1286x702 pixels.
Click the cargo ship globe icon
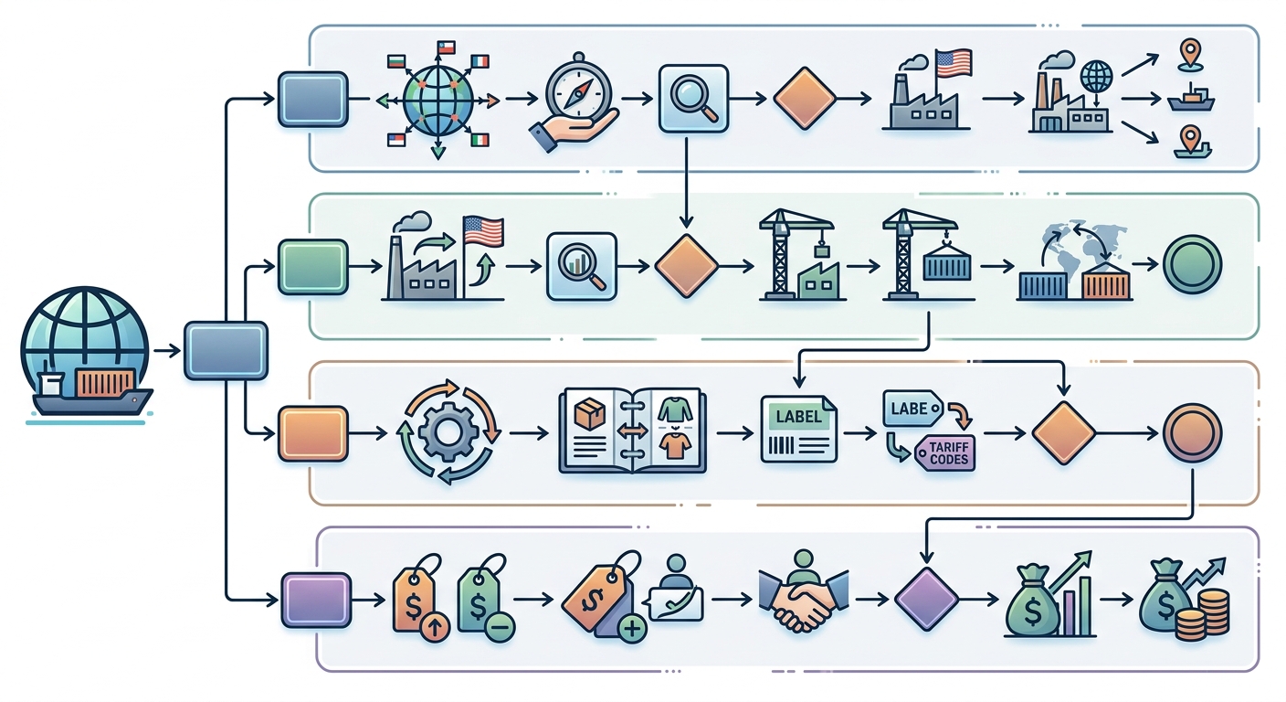(86, 351)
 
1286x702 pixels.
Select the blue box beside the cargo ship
(227, 350)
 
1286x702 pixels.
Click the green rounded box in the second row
(312, 266)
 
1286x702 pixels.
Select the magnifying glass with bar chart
(582, 266)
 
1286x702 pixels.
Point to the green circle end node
(1193, 265)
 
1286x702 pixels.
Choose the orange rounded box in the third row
(312, 432)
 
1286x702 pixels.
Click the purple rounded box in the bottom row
(315, 601)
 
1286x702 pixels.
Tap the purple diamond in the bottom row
(926, 601)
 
